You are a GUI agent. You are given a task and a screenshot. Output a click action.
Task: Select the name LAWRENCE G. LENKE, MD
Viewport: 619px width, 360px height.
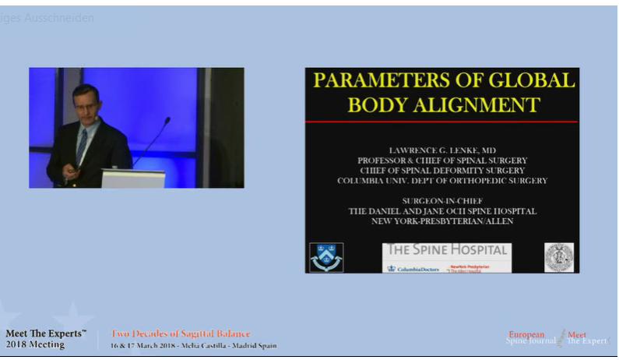coord(442,149)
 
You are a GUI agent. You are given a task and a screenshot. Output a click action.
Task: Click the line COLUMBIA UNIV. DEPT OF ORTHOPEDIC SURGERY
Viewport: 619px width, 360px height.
coord(442,181)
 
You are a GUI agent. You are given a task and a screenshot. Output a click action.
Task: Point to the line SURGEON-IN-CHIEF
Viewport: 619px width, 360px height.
coord(442,200)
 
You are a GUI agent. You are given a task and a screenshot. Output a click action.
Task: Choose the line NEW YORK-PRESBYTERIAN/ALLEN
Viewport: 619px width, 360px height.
coord(442,221)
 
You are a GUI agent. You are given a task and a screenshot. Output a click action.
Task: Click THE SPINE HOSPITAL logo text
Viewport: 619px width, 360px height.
coord(448,250)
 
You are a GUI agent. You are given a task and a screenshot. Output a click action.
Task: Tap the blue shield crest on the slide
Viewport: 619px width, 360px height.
coord(326,257)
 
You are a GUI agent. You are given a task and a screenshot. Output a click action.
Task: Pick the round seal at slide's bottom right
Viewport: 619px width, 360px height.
coord(558,257)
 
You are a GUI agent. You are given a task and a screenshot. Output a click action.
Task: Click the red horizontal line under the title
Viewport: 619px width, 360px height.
coord(441,122)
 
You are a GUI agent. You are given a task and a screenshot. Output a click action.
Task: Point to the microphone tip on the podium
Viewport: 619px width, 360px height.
coord(167,120)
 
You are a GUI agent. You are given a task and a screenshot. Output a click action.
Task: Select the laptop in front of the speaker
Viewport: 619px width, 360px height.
coord(133,178)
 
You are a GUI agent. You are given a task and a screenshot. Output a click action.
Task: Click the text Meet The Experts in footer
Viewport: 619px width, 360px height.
coord(46,334)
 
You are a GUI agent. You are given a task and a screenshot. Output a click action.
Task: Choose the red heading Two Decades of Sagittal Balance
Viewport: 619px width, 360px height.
coord(180,334)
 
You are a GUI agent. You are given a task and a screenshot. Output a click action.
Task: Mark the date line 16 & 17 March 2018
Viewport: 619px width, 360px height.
coord(193,345)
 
